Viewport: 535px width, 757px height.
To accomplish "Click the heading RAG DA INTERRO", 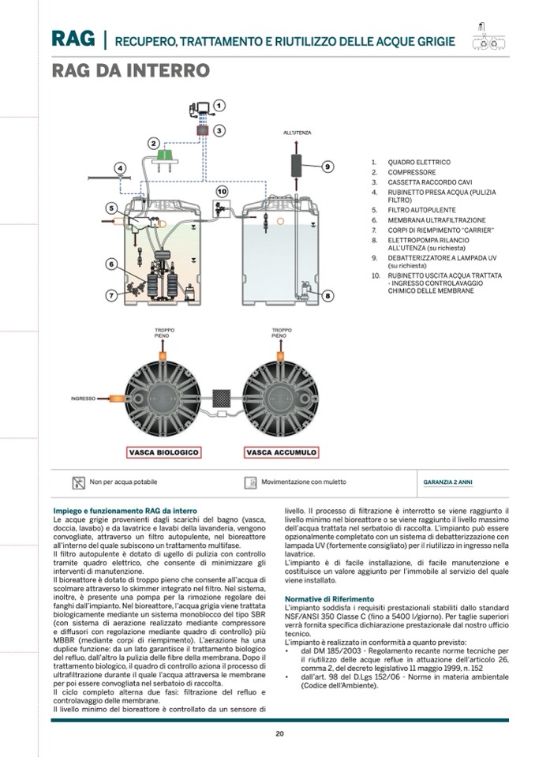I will pyautogui.click(x=130, y=72).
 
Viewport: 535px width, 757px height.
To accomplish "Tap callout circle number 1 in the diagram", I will pyautogui.click(x=219, y=105).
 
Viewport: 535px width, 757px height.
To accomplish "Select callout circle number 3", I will pyautogui.click(x=219, y=130).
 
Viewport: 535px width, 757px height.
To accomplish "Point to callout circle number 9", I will pyautogui.click(x=328, y=167).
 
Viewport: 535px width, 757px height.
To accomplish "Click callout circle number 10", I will pyautogui.click(x=222, y=191).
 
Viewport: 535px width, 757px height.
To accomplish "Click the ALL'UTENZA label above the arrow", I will pyautogui.click(x=299, y=133).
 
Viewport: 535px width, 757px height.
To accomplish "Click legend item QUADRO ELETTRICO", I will pyautogui.click(x=419, y=163).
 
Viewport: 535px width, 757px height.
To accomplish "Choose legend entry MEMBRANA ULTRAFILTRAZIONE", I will pyautogui.click(x=436, y=220).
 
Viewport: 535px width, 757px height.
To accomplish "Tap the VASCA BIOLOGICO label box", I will pyautogui.click(x=163, y=452).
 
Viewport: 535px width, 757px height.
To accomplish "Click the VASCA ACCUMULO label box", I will pyautogui.click(x=282, y=452).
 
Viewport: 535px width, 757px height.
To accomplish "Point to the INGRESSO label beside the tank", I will pyautogui.click(x=84, y=399).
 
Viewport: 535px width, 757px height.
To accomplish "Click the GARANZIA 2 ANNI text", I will pyautogui.click(x=448, y=482).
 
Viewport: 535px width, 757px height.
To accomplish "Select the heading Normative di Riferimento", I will pyautogui.click(x=329, y=598).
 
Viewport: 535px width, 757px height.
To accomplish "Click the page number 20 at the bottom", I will pyautogui.click(x=279, y=734).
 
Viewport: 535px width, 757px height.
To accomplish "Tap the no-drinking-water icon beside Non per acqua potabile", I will pyautogui.click(x=78, y=482).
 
